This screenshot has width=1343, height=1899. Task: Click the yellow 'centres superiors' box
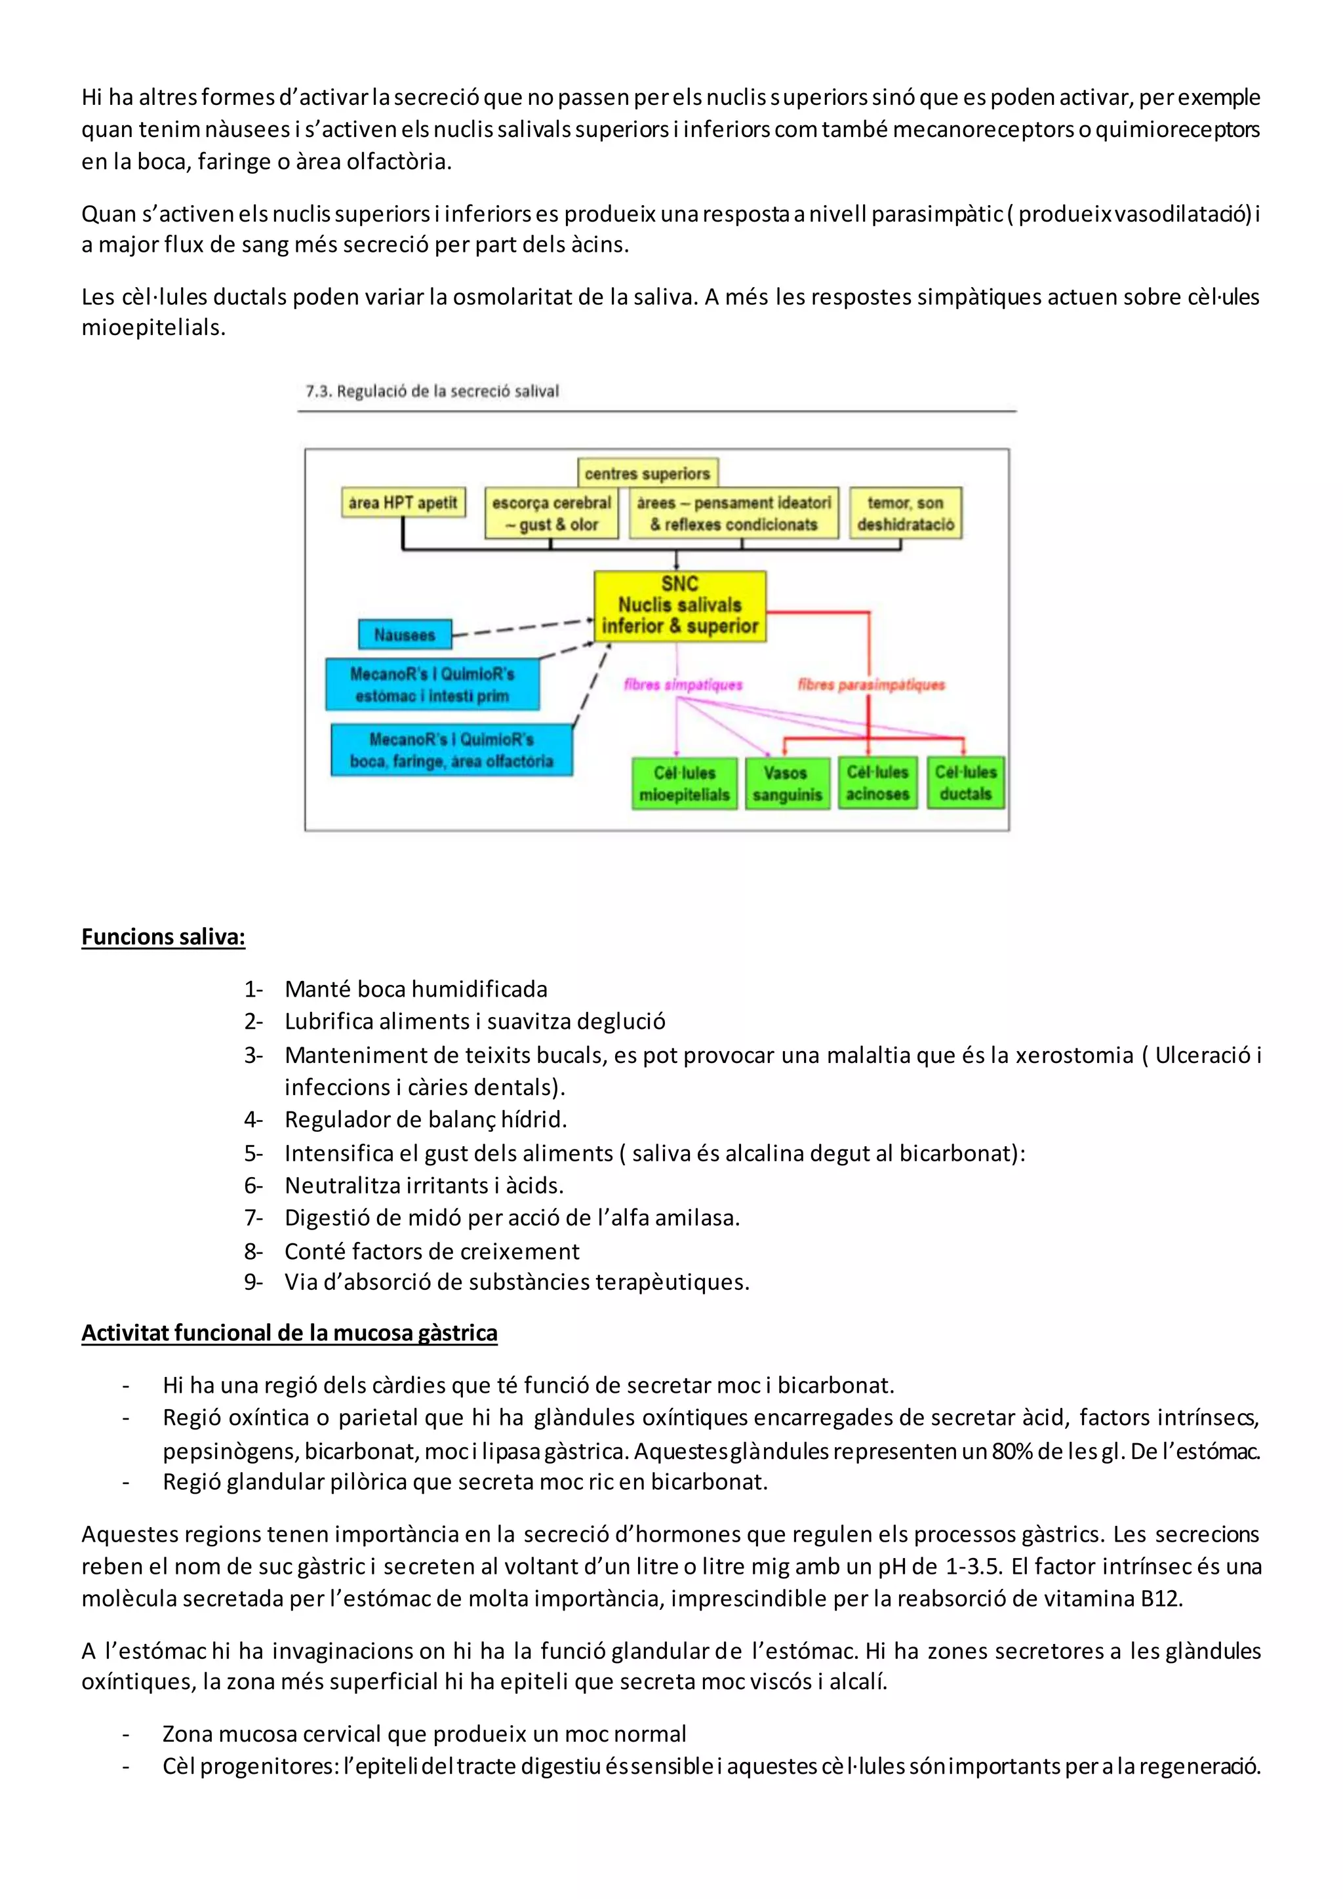click(x=647, y=473)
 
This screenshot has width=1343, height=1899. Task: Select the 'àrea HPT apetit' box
click(x=403, y=502)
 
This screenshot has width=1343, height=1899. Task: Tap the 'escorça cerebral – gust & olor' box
click(x=551, y=513)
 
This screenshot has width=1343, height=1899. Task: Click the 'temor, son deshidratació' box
click(x=906, y=513)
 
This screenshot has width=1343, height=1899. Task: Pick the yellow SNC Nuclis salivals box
click(x=680, y=605)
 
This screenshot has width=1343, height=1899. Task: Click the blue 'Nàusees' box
click(x=405, y=634)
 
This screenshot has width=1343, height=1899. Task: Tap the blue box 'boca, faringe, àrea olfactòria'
click(x=452, y=750)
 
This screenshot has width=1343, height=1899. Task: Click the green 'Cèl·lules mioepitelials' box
click(x=684, y=783)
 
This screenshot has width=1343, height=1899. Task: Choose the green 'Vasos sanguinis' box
click(x=786, y=783)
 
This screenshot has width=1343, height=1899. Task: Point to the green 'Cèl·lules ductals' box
click(x=965, y=782)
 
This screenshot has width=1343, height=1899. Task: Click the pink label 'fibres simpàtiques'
click(x=683, y=684)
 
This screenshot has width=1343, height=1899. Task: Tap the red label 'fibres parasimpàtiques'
click(x=871, y=684)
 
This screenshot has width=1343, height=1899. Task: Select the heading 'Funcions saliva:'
click(x=163, y=936)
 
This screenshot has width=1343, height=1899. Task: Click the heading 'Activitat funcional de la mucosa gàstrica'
click(x=289, y=1332)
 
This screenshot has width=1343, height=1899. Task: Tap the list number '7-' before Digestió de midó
click(x=253, y=1218)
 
